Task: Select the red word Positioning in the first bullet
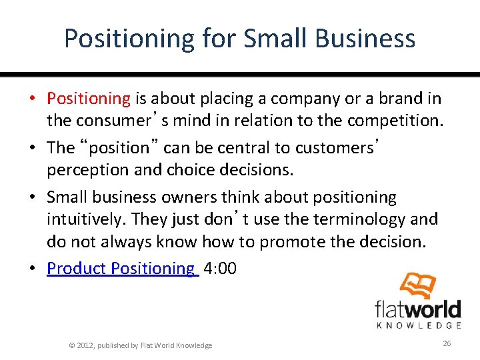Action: pos(89,99)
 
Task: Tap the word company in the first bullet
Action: pos(302,99)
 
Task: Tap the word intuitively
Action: pos(85,219)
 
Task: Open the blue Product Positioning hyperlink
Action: pos(122,268)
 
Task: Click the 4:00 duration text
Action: pos(220,268)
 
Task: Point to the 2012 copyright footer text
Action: pos(141,345)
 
